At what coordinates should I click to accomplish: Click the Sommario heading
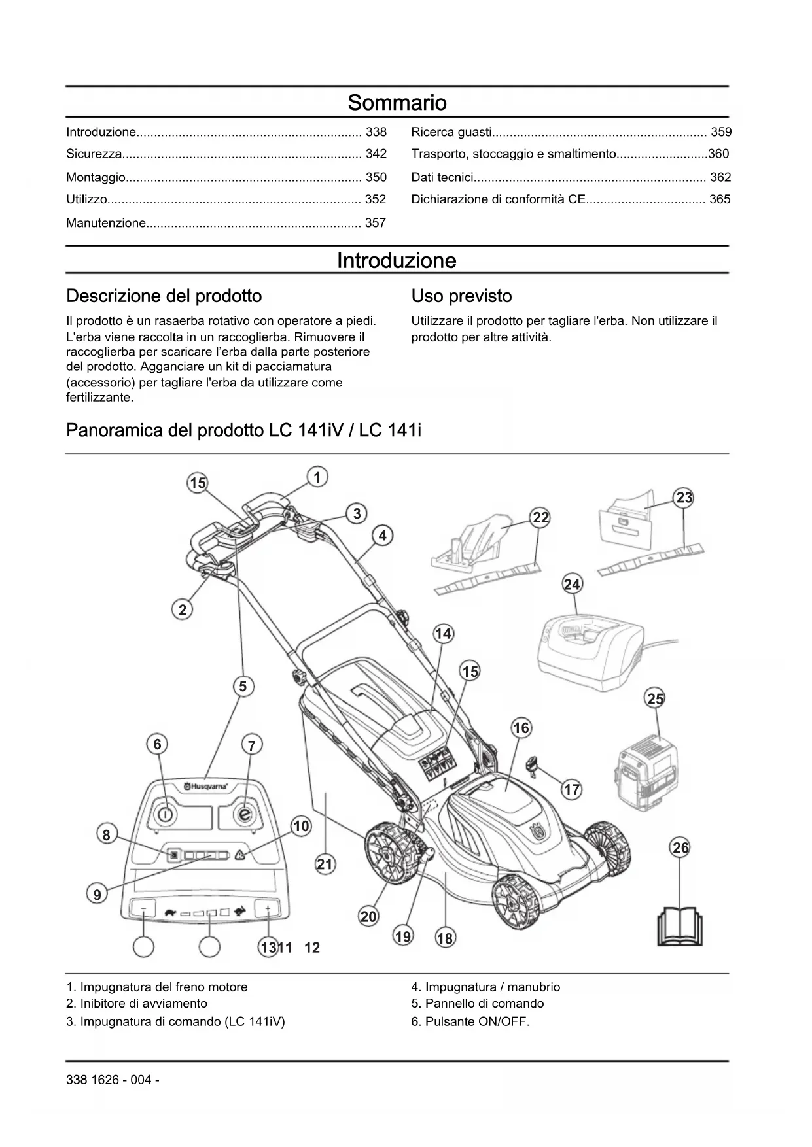coord(397,103)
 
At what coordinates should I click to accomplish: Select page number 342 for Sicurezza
coord(376,154)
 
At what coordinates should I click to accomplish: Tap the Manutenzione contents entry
coord(106,223)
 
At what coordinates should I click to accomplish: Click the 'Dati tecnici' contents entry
coord(442,177)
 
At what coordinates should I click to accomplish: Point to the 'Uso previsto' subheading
coord(461,296)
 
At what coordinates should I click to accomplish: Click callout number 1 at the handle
coord(317,477)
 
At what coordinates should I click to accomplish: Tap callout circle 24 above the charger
coord(572,584)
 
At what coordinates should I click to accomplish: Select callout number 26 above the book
coord(680,848)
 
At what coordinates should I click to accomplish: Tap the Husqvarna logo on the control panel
coord(206,787)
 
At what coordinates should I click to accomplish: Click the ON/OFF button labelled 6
coord(166,814)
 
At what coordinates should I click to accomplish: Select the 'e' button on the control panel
coord(245,815)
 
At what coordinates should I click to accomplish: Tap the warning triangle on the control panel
coord(239,855)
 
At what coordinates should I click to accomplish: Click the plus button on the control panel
coord(268,909)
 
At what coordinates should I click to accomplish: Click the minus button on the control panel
coord(143,909)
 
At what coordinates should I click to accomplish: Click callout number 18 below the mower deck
coord(444,938)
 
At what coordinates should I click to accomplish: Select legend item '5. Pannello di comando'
coord(478,1004)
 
